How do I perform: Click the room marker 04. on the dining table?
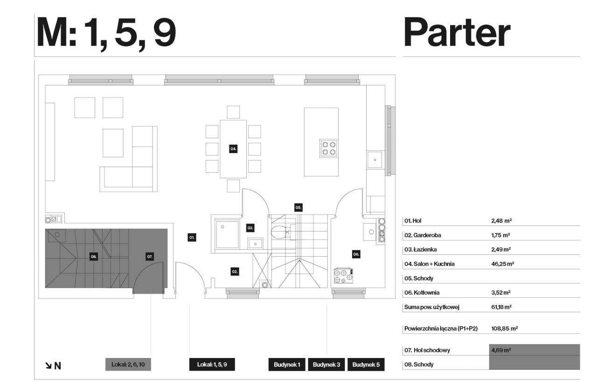click(233, 149)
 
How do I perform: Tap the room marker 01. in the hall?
click(192, 237)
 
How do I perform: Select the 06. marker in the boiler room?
click(356, 254)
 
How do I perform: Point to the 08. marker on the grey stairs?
click(94, 257)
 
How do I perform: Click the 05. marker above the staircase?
click(298, 208)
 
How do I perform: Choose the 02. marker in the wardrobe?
click(235, 272)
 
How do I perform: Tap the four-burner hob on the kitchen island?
click(329, 148)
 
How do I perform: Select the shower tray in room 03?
click(227, 234)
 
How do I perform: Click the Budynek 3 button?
click(326, 365)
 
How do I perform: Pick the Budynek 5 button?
click(366, 365)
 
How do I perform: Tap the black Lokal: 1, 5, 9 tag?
click(212, 365)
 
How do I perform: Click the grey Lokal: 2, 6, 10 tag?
click(128, 365)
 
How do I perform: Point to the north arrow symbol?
click(49, 365)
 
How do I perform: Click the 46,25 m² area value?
click(503, 264)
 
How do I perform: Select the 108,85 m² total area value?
click(505, 329)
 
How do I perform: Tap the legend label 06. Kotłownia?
click(422, 293)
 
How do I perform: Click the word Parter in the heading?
click(457, 33)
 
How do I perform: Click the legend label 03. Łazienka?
click(420, 249)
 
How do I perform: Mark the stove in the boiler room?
click(344, 276)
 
